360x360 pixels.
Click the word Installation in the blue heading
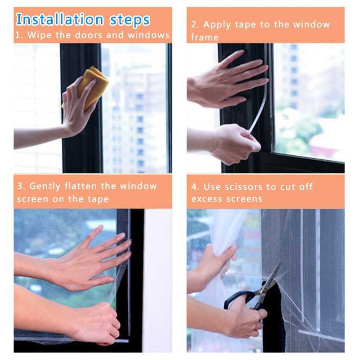pos(60,19)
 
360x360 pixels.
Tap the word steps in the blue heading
pos(130,20)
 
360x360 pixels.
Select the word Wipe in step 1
pos(39,36)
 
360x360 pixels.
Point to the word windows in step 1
pos(148,35)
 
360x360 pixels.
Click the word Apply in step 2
pos(217,25)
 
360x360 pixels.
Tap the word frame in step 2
pos(205,37)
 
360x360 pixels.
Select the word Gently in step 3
pos(45,186)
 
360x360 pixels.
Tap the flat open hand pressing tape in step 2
pos(227,81)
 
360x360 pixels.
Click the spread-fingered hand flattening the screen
pos(90,260)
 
